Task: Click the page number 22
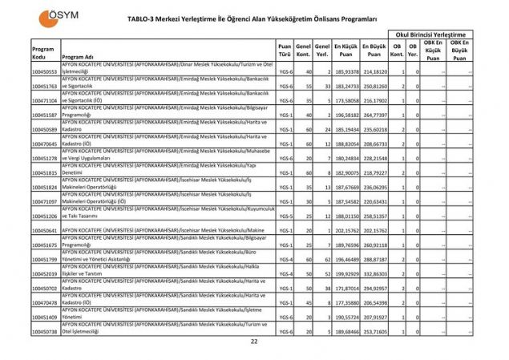[x=254, y=342]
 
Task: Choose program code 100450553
[x=45, y=71]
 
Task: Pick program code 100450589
[x=45, y=129]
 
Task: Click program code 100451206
[x=45, y=216]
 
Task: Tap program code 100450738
[x=45, y=331]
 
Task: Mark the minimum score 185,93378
[x=346, y=71]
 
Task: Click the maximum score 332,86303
[x=374, y=273]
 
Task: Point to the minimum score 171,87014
[x=346, y=288]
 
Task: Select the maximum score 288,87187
[x=374, y=259]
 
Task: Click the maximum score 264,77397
[x=374, y=115]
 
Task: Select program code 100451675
[x=45, y=245]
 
